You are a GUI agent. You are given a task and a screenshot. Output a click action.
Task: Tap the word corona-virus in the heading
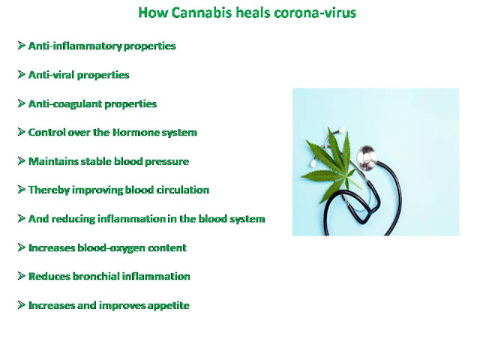[315, 13]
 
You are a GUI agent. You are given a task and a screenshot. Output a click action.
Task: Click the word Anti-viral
[52, 75]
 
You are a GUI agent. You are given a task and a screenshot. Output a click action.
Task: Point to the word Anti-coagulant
[65, 103]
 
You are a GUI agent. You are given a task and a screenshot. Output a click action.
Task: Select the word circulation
[183, 190]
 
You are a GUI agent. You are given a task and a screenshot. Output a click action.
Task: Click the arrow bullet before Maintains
[22, 161]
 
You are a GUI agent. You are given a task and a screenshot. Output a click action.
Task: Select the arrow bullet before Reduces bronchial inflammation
[22, 276]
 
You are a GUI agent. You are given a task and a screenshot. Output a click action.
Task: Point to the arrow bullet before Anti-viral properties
[22, 74]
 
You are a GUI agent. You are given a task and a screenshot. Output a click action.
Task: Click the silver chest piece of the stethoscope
[367, 157]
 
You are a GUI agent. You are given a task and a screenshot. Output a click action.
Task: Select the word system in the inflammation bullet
[247, 219]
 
